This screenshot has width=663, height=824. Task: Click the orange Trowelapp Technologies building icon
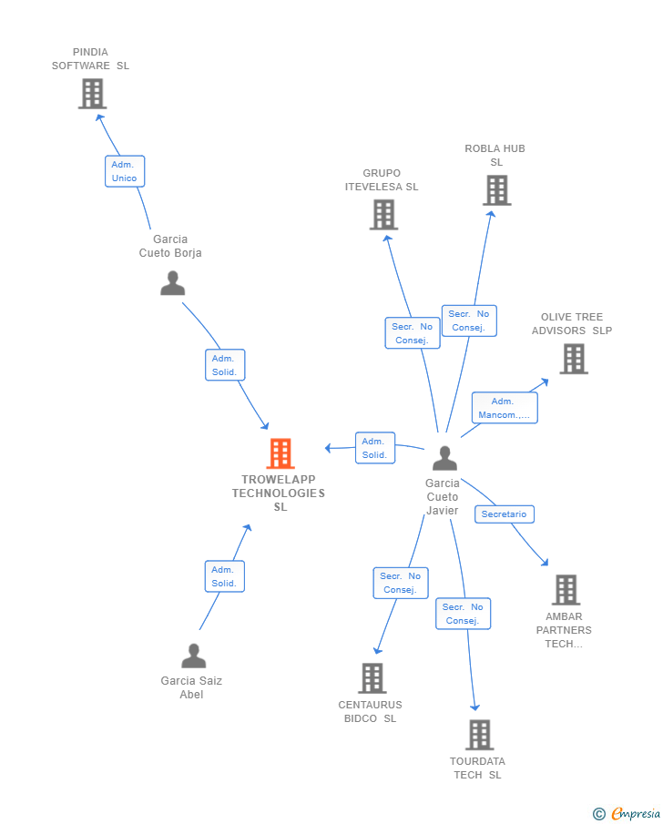280,453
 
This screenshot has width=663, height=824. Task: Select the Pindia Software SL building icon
92,94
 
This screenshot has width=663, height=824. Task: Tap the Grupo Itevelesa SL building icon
383,215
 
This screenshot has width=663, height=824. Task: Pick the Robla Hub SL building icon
496,190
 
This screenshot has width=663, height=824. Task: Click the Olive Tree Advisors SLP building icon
573,359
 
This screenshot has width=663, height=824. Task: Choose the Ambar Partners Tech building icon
566,590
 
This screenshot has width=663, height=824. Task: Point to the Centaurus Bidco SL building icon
372,678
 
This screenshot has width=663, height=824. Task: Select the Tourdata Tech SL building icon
479,735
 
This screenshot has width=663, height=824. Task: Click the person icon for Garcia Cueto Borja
172,283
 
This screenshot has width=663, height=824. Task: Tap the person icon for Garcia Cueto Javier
444,458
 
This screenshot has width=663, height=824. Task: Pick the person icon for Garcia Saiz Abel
193,656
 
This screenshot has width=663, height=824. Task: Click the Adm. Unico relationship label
125,171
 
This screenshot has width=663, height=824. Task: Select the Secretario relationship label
504,514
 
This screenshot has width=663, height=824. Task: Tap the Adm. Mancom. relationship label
504,408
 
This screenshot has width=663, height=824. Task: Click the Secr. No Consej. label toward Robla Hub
469,320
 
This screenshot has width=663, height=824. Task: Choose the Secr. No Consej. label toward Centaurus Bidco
400,583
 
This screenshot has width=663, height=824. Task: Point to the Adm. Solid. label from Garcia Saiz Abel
224,576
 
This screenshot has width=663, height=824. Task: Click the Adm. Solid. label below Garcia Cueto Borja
224,365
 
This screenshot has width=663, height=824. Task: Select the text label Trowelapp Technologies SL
279,493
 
